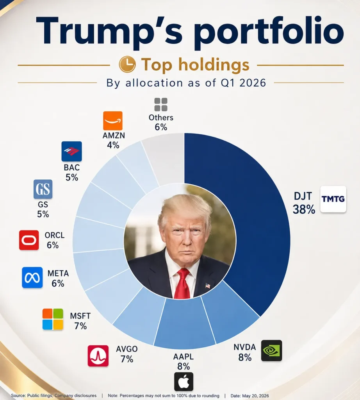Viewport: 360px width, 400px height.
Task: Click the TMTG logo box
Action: [333, 199]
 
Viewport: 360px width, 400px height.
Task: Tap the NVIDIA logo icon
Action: [271, 350]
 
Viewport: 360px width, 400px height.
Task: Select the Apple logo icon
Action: [184, 382]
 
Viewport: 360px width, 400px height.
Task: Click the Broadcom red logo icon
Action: [98, 356]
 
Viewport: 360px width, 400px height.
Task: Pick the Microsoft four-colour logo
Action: [53, 319]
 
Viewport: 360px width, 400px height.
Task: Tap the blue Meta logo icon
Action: [32, 278]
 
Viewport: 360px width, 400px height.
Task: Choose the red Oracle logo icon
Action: [29, 240]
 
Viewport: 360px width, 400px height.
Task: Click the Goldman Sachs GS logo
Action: [43, 189]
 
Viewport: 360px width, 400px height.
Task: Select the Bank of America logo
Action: [71, 151]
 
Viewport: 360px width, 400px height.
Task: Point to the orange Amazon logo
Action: [113, 121]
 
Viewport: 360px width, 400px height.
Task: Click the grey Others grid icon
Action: [161, 105]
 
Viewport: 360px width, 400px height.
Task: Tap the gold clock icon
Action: [127, 64]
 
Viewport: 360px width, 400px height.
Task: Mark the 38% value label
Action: [304, 209]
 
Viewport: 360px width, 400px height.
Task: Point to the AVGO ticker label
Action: [127, 349]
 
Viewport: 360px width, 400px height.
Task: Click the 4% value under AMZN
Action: [113, 145]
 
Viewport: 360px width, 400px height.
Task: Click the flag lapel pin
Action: [208, 286]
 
